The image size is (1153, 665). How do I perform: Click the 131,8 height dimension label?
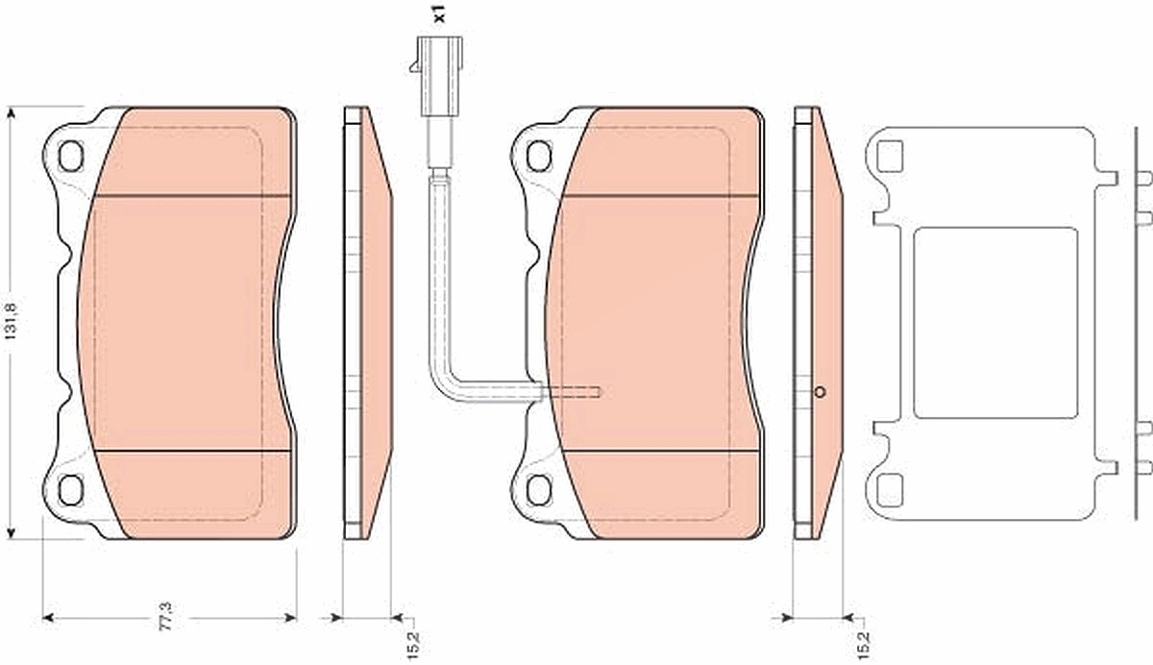click(x=12, y=322)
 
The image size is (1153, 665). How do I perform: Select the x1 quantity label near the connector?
click(x=439, y=13)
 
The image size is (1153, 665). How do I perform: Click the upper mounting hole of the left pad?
click(x=70, y=156)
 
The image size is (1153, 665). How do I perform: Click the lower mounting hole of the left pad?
click(x=70, y=490)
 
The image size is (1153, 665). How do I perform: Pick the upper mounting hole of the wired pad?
click(x=539, y=156)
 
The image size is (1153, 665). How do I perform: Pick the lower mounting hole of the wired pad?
click(x=539, y=490)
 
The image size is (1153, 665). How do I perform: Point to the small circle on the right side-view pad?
click(x=820, y=392)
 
